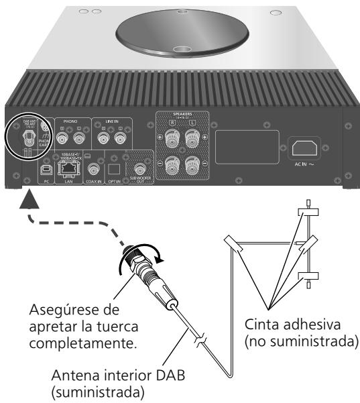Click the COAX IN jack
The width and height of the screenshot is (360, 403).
pyautogui.click(x=95, y=170)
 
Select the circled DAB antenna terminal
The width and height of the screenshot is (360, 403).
pyautogui.click(x=27, y=137)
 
